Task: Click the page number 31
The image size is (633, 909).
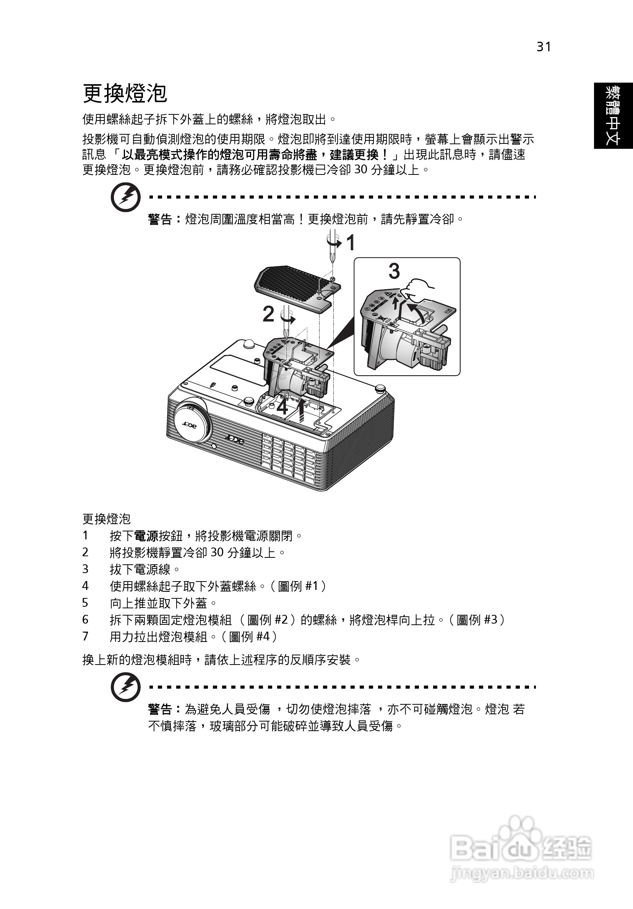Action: click(544, 47)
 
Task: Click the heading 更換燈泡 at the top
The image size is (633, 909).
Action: click(125, 93)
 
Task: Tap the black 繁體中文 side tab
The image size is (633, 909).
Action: click(613, 116)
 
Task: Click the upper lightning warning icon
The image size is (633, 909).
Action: click(125, 197)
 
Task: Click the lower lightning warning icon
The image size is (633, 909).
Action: click(125, 688)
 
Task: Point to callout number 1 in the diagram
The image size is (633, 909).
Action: click(351, 243)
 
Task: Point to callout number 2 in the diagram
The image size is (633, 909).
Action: click(268, 314)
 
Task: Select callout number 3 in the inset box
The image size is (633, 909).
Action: click(394, 271)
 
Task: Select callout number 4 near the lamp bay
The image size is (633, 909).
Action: click(282, 407)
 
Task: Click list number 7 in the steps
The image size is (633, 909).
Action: click(85, 636)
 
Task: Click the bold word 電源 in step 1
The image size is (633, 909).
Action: click(146, 536)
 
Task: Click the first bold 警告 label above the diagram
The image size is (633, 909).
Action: click(160, 219)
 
